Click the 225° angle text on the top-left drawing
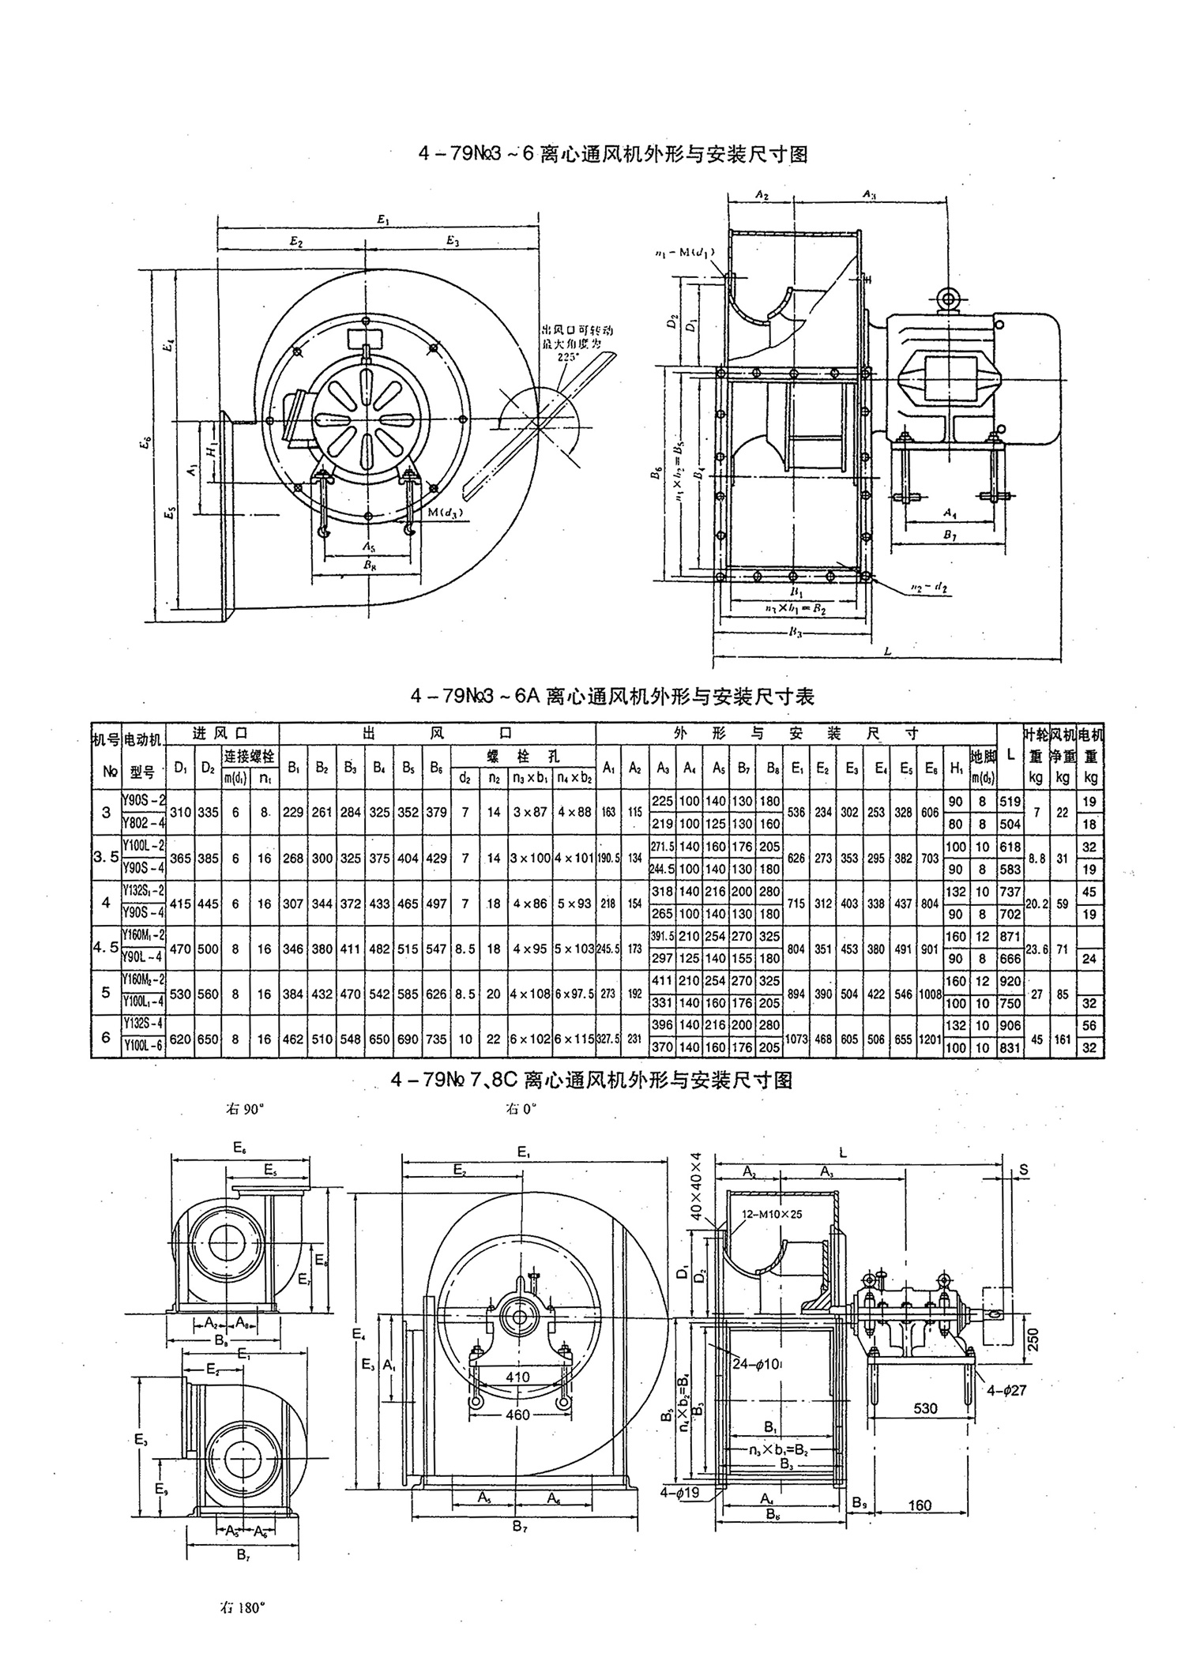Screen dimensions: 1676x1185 pos(567,356)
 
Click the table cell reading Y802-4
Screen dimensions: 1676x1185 pos(143,824)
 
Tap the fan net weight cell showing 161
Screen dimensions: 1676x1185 pos(1063,1039)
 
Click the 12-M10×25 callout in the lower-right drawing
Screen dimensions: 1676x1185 pos(771,1214)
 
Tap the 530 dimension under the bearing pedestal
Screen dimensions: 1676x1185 pos(924,1408)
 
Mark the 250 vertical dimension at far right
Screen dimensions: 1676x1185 pos(1034,1339)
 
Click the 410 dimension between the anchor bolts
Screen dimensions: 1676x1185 pos(517,1377)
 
